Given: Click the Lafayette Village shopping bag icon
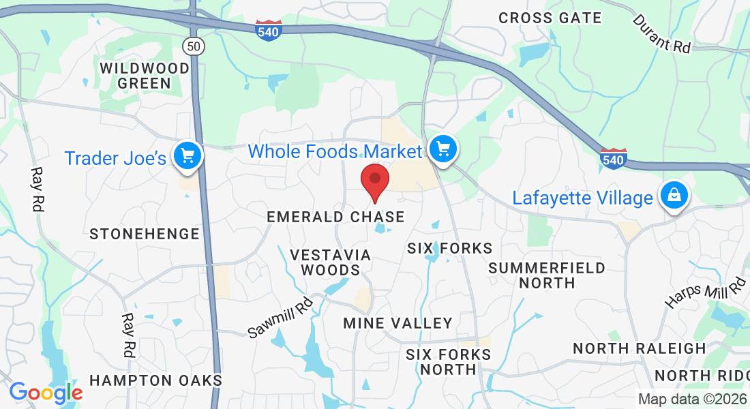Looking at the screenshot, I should [x=674, y=195].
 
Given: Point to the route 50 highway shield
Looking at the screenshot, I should [x=193, y=46].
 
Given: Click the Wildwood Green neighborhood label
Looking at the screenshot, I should [x=145, y=76].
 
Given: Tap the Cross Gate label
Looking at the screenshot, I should [x=550, y=18].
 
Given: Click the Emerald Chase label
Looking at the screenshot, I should [x=335, y=217].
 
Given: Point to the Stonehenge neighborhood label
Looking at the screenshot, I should [x=145, y=234].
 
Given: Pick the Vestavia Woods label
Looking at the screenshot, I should [x=331, y=262].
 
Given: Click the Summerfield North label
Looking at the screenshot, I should [x=547, y=275].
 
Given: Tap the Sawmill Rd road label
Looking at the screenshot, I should [x=280, y=318].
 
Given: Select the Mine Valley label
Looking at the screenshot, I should [x=397, y=322].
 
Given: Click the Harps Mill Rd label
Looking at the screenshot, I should [x=706, y=293].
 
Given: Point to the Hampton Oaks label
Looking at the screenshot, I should [x=156, y=380].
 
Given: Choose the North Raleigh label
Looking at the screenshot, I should [x=640, y=348].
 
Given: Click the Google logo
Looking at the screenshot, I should [x=46, y=393].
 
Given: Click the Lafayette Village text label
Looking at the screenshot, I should [x=583, y=198].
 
